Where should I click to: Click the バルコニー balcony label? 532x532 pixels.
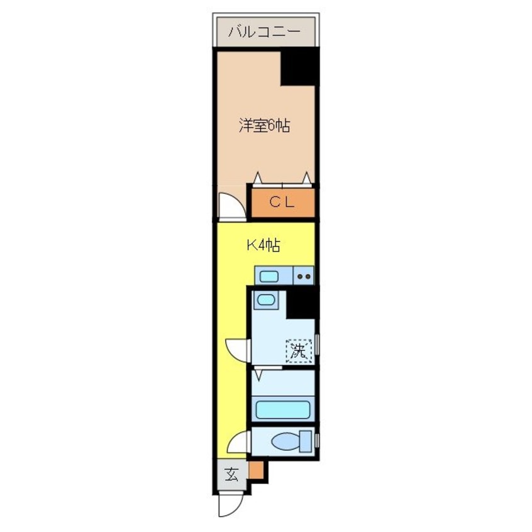[x=265, y=31]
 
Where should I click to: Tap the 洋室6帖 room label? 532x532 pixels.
[x=264, y=126]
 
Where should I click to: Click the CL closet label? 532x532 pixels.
[x=282, y=202]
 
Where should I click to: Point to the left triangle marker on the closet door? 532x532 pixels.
[x=257, y=177]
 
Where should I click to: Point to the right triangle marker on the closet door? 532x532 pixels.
[x=307, y=177]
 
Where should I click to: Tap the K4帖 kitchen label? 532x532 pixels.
[x=262, y=246]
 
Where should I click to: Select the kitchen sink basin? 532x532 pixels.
[x=270, y=275]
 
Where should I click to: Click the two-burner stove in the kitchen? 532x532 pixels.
[x=304, y=275]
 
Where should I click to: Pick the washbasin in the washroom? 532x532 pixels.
[x=267, y=299]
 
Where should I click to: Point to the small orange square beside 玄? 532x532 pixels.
[x=255, y=470]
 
